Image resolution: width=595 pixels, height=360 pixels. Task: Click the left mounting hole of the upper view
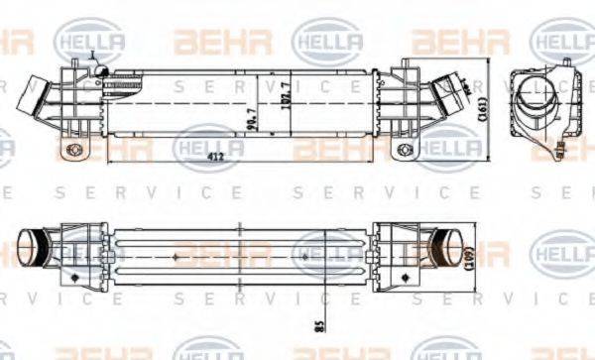pos(70,151)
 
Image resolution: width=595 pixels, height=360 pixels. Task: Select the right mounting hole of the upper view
pos(402,151)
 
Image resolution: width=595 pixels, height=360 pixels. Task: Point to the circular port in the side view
pos(536,98)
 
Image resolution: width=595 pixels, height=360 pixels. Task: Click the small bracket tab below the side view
pos(562,151)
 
